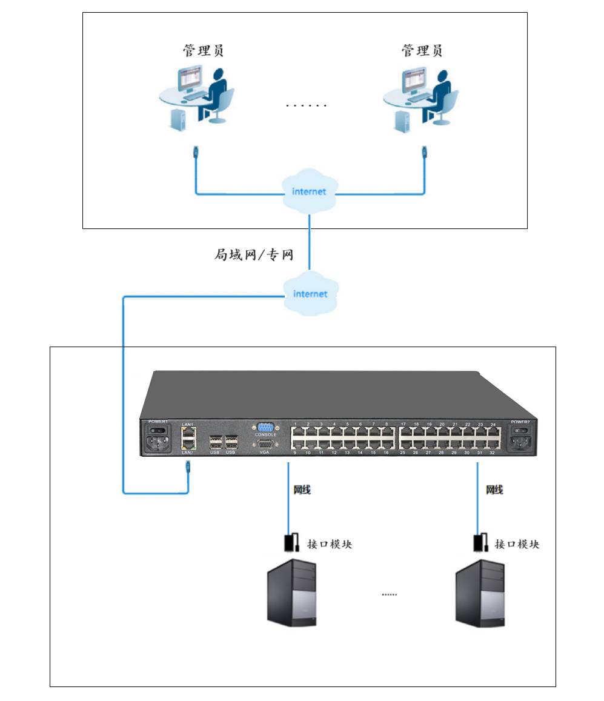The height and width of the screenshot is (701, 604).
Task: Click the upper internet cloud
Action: [309, 191]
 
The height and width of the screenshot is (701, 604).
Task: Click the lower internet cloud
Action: [310, 294]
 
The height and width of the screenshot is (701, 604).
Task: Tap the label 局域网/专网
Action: [253, 254]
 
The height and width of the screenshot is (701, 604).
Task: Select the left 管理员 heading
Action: [203, 50]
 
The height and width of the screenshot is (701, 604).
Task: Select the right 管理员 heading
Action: [422, 50]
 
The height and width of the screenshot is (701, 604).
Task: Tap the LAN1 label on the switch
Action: [187, 424]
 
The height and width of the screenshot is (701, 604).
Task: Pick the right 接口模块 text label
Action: [516, 543]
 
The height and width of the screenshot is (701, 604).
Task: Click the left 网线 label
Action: [302, 490]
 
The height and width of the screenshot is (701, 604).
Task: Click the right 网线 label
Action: [494, 490]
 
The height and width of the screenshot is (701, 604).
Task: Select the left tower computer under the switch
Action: [292, 593]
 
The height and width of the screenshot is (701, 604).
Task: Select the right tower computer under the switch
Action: [480, 592]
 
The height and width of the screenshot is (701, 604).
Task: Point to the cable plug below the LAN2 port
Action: [188, 467]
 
